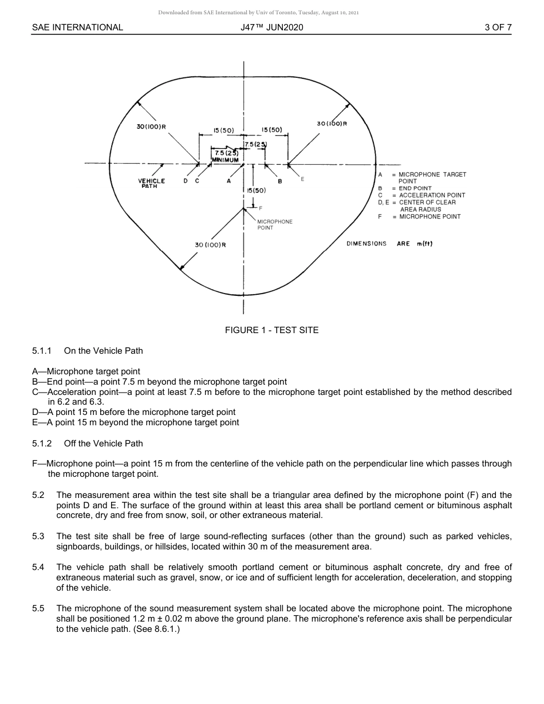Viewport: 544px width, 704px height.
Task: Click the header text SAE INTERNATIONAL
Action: (x=77, y=27)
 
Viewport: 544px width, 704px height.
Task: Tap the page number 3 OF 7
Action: (x=498, y=27)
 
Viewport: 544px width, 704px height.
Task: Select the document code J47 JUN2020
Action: (x=272, y=27)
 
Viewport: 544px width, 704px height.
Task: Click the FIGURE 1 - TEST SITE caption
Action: (x=271, y=330)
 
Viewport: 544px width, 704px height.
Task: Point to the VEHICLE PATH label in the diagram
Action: (x=151, y=183)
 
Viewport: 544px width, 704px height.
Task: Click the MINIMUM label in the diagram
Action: (x=225, y=160)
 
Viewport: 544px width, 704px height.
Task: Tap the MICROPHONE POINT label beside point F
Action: (x=275, y=224)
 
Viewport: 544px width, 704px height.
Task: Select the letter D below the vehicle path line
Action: (x=186, y=181)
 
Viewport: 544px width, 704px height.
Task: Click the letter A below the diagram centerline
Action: (x=229, y=181)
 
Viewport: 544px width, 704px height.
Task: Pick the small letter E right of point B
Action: (x=302, y=179)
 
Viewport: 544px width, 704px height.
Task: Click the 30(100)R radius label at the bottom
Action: (x=210, y=245)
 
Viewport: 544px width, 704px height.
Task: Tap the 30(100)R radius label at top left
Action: (x=151, y=126)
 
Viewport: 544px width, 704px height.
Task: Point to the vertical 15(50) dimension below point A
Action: (x=256, y=190)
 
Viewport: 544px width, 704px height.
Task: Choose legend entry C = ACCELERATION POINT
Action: (x=421, y=195)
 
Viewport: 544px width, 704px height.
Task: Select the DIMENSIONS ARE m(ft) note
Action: (x=389, y=244)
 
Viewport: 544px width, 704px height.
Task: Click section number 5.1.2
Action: (x=42, y=444)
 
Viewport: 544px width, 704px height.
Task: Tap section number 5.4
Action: (x=38, y=567)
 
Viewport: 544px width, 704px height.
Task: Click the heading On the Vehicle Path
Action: (x=103, y=350)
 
